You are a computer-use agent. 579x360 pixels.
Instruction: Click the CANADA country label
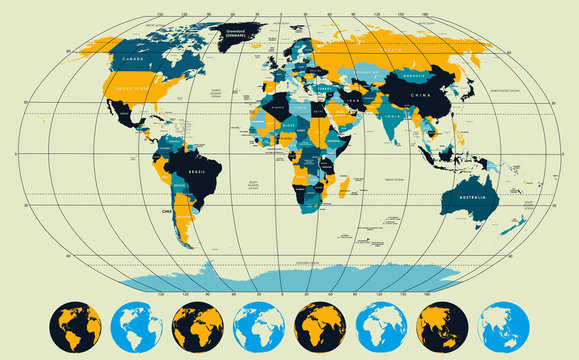coord(131,59)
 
